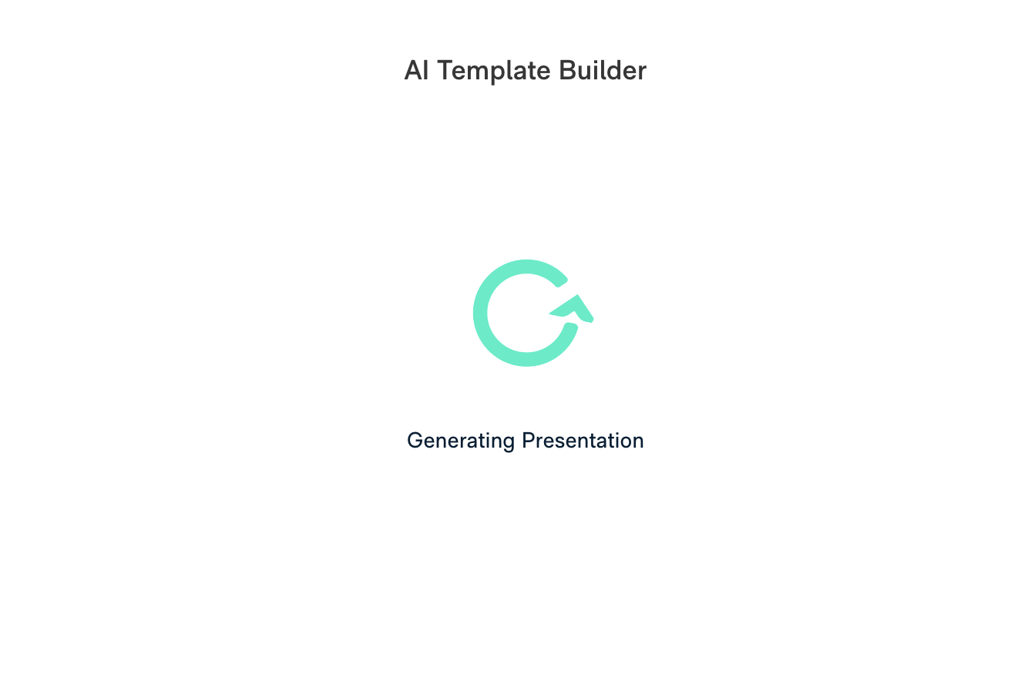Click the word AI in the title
coord(416,71)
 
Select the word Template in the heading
coord(493,72)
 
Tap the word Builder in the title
coord(603,71)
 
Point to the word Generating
coord(461,441)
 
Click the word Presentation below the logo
coord(583,441)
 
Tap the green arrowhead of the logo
coord(572,308)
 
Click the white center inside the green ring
coord(526,313)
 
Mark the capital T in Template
coord(445,71)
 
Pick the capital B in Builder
coord(566,71)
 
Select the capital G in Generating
coord(416,441)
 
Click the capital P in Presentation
coord(529,441)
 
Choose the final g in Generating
coord(506,443)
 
